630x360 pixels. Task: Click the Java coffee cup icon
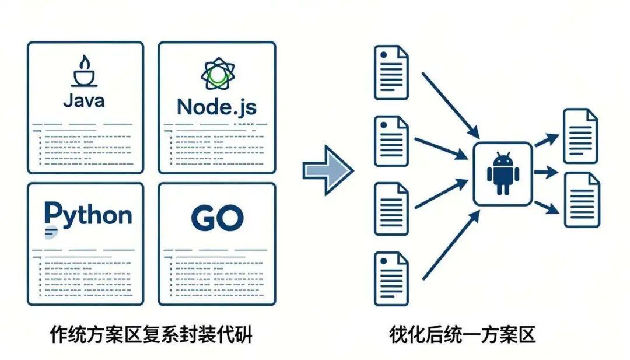coord(85,72)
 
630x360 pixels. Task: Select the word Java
coord(85,100)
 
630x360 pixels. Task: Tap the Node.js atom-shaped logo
coord(216,75)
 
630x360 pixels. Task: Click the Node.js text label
coord(216,107)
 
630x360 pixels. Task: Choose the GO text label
coord(216,218)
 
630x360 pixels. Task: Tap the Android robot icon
coord(502,173)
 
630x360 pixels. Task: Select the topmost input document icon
coord(391,72)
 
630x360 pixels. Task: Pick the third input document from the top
coord(391,209)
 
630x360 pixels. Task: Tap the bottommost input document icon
coord(391,278)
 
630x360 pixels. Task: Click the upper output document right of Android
coord(580,136)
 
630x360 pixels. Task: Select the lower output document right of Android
coord(581,200)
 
